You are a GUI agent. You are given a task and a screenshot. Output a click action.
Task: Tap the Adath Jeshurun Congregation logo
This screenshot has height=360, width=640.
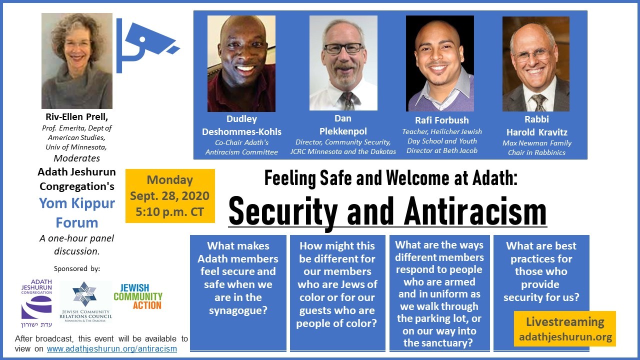(x=36, y=303)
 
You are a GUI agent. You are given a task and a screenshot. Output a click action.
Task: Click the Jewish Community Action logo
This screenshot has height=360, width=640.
(x=138, y=296)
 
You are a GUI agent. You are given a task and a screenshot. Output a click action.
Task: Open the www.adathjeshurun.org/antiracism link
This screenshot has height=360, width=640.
(x=111, y=349)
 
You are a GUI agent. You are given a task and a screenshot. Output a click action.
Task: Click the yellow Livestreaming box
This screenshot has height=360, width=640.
(x=565, y=329)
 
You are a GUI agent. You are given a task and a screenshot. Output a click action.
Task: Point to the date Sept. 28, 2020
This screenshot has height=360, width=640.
(x=169, y=196)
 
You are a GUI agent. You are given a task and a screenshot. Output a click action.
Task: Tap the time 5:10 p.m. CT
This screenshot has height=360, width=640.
(x=169, y=212)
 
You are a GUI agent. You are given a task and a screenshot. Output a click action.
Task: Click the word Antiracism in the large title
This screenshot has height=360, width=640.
(x=475, y=212)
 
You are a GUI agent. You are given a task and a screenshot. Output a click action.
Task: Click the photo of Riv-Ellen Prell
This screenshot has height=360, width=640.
(x=77, y=61)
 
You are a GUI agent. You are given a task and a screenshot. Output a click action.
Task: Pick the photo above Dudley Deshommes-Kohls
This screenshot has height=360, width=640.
(x=241, y=63)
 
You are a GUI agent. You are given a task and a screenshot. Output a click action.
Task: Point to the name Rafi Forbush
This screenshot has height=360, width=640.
(x=441, y=120)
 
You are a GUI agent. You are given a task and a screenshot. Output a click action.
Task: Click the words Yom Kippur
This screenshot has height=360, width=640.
(x=77, y=203)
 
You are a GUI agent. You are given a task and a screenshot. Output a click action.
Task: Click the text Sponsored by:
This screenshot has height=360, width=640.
(x=77, y=268)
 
